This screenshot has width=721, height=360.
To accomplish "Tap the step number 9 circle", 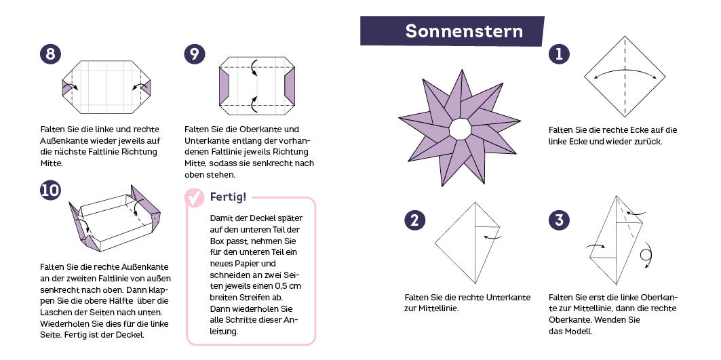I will pos(195,54).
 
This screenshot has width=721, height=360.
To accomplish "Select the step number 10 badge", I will pos(50,191).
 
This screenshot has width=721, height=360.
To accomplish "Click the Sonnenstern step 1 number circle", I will pos(559,54).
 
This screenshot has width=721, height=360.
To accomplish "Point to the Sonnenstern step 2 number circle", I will pos(414,220).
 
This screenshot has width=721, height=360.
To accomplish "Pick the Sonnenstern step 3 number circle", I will pos(559,220).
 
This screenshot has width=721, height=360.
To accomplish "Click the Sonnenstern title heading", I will pos(464,31).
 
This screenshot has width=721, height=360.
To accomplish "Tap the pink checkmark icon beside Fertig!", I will pos(195,198).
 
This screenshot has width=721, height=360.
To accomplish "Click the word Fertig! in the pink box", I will pos(228,197).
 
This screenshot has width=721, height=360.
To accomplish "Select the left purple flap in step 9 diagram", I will pos(225,87).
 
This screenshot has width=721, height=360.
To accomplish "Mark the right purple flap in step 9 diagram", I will pos(290,87).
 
